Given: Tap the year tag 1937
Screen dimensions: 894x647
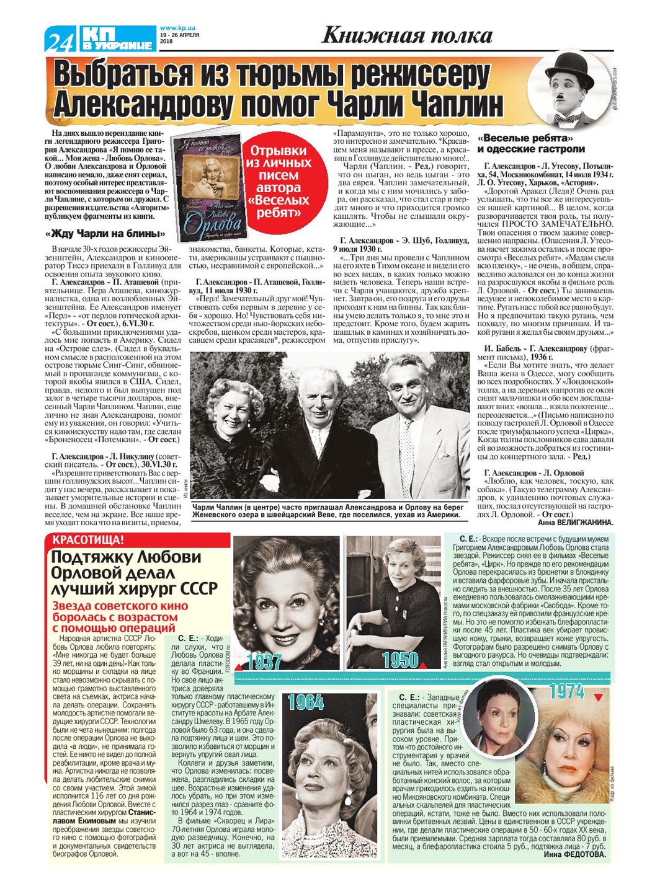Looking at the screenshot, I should [x=264, y=662].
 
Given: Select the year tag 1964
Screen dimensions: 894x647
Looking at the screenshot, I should [x=306, y=702].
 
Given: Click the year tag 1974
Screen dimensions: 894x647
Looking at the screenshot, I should [x=566, y=691].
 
